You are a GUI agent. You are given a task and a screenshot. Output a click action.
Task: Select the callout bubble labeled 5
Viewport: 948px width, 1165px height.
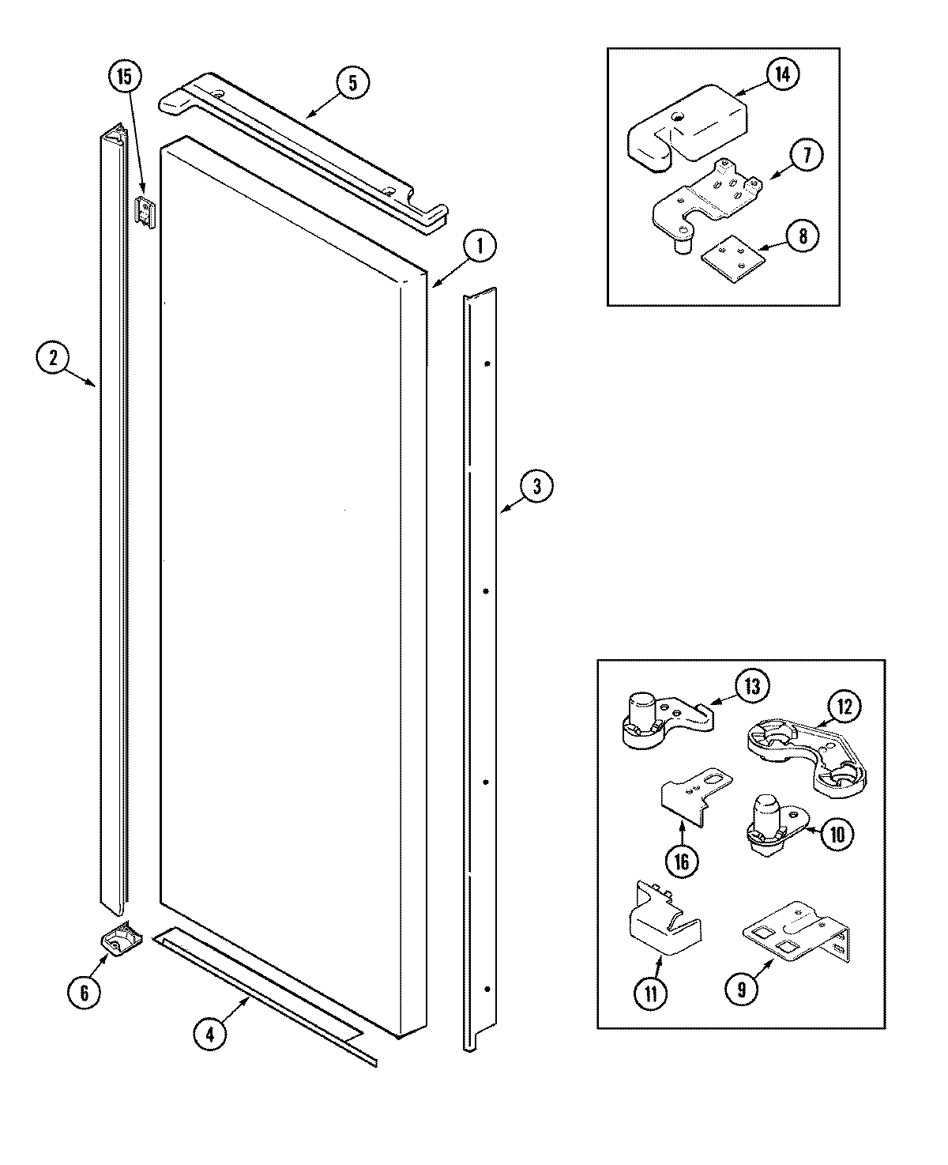pos(352,83)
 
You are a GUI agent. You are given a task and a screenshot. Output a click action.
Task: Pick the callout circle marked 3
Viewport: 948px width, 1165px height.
pos(536,487)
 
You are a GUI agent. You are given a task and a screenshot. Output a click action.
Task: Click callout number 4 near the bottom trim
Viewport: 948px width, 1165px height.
pos(209,1035)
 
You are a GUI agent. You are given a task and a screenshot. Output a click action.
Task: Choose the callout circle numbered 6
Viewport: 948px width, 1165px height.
pos(85,991)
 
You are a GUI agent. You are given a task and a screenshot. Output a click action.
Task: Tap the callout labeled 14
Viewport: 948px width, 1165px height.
pos(781,75)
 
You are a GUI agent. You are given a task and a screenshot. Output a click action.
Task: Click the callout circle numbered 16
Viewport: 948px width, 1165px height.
pos(682,861)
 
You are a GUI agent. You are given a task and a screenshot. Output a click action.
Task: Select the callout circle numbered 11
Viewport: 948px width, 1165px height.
pos(650,993)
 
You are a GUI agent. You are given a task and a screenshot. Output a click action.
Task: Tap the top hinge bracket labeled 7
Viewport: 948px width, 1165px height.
pos(703,202)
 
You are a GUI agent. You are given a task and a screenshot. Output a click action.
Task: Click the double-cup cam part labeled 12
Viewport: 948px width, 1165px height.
pos(806,755)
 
